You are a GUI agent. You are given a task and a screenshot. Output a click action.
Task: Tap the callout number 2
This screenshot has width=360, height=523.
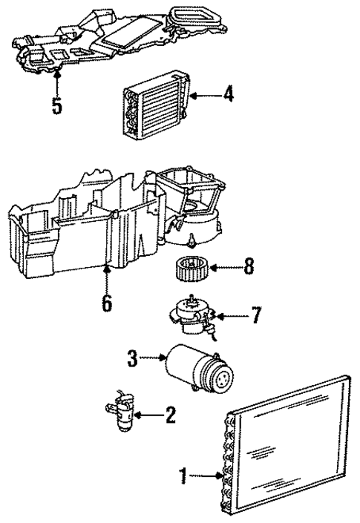[x=170, y=415]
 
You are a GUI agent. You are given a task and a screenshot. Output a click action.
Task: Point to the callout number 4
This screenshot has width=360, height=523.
[x=229, y=95]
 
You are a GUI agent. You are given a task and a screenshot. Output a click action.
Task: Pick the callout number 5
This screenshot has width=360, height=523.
[x=57, y=105]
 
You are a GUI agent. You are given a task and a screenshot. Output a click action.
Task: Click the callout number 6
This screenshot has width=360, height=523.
[x=108, y=303]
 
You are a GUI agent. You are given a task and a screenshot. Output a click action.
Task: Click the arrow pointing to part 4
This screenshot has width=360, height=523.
[x=206, y=95]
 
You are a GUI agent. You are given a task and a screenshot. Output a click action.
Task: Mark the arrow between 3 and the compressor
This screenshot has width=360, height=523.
[x=153, y=359]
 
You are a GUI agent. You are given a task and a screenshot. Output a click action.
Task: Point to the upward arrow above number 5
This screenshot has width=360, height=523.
[x=57, y=79]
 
